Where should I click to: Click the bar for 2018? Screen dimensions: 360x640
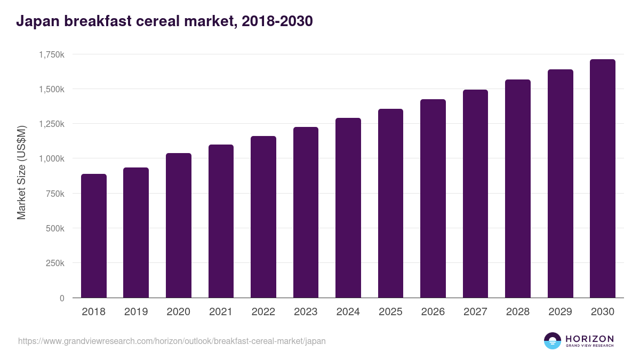point(94,236)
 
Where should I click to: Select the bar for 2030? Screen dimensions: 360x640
point(603,179)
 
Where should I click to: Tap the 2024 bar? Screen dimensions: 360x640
point(348,208)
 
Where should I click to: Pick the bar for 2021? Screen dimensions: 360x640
point(221,221)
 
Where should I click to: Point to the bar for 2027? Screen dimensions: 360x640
point(475,194)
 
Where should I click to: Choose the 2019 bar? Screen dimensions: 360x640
point(136,233)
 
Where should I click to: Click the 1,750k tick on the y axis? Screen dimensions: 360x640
point(51,54)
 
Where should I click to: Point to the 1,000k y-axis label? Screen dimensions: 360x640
point(51,159)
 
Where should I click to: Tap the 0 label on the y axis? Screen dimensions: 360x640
point(62,298)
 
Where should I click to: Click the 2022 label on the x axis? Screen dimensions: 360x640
point(263,312)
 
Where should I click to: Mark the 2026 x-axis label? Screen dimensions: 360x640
point(433,312)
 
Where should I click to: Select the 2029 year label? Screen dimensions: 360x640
point(561,312)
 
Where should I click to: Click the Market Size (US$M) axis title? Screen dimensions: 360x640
point(21,172)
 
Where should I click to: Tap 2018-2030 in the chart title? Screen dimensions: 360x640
point(277,21)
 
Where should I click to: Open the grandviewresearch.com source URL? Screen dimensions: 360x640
point(172,341)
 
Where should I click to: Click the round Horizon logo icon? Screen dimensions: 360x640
point(553,341)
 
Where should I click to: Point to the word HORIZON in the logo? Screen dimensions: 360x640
point(589,338)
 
